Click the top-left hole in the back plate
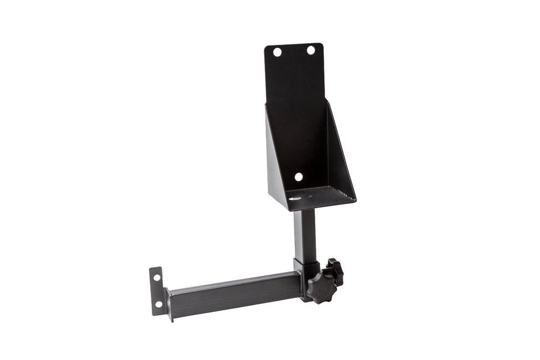coord(277,53)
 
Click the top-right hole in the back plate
coord(311,50)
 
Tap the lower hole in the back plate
coord(298,176)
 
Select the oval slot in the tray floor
coord(295,199)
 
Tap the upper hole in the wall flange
coord(157,278)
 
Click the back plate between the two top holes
coord(294,52)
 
